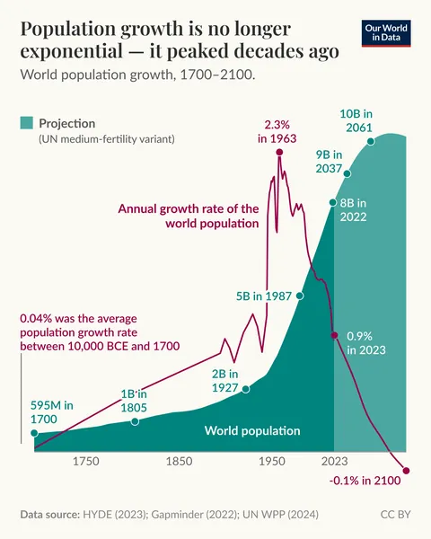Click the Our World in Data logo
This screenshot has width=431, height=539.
[x=387, y=33]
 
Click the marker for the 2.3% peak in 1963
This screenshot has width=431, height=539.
[x=279, y=153]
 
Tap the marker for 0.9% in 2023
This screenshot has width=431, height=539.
[x=334, y=335]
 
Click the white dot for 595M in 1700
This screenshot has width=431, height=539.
[x=35, y=433]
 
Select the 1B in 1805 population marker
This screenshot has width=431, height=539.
[x=135, y=420]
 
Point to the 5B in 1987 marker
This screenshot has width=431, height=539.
[x=300, y=295]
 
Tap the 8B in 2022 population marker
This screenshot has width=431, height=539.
[x=333, y=203]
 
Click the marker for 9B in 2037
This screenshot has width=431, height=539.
[x=347, y=171]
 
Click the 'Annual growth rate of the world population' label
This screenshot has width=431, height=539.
[x=189, y=216]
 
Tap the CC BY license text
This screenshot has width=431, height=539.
[x=395, y=515]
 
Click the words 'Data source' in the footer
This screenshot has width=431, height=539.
[x=48, y=515]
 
